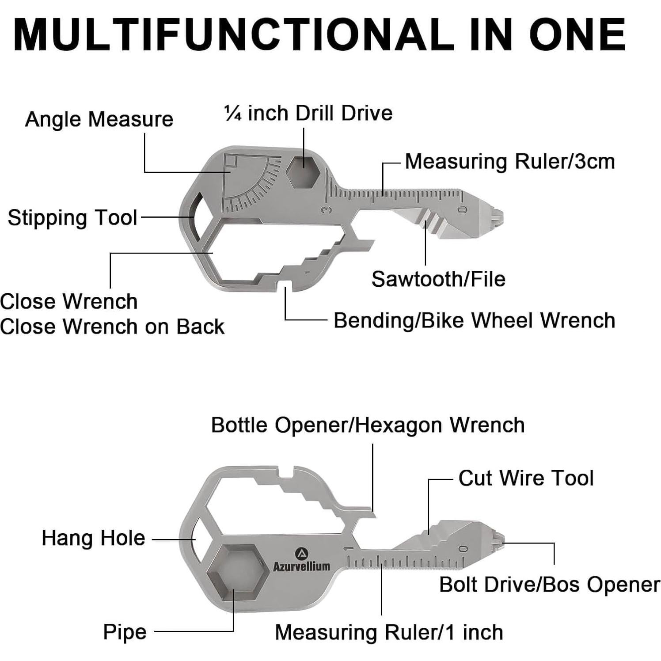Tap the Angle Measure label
(x=99, y=119)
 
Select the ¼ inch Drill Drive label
(x=308, y=113)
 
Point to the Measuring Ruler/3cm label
(x=510, y=162)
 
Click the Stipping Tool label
(x=72, y=218)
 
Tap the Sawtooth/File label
(x=438, y=279)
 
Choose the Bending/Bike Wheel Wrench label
(x=474, y=320)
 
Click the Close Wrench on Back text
(x=112, y=327)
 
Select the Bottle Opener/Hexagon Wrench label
(x=368, y=425)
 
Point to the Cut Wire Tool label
(x=526, y=478)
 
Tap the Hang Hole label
(x=93, y=538)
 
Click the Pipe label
(x=125, y=631)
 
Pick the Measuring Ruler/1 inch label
(x=389, y=632)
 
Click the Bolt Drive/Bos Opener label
(x=549, y=585)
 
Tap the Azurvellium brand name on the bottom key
(x=301, y=566)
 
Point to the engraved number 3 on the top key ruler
(x=327, y=209)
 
